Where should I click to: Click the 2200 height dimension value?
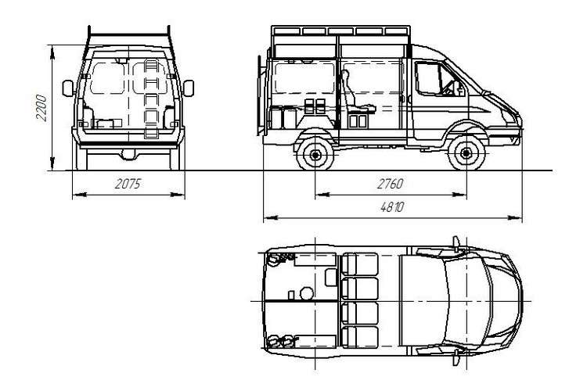pyautogui.click(x=41, y=108)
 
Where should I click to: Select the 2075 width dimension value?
pyautogui.click(x=128, y=184)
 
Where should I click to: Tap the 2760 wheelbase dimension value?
pyautogui.click(x=390, y=184)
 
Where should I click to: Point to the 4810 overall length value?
pyautogui.click(x=392, y=207)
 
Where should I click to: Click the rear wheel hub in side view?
pyautogui.click(x=315, y=154)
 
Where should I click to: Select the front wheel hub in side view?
pyautogui.click(x=466, y=153)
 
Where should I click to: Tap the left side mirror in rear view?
pyautogui.click(x=68, y=88)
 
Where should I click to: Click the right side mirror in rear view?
pyautogui.click(x=189, y=88)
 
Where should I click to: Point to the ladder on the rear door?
pyautogui.click(x=151, y=99)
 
